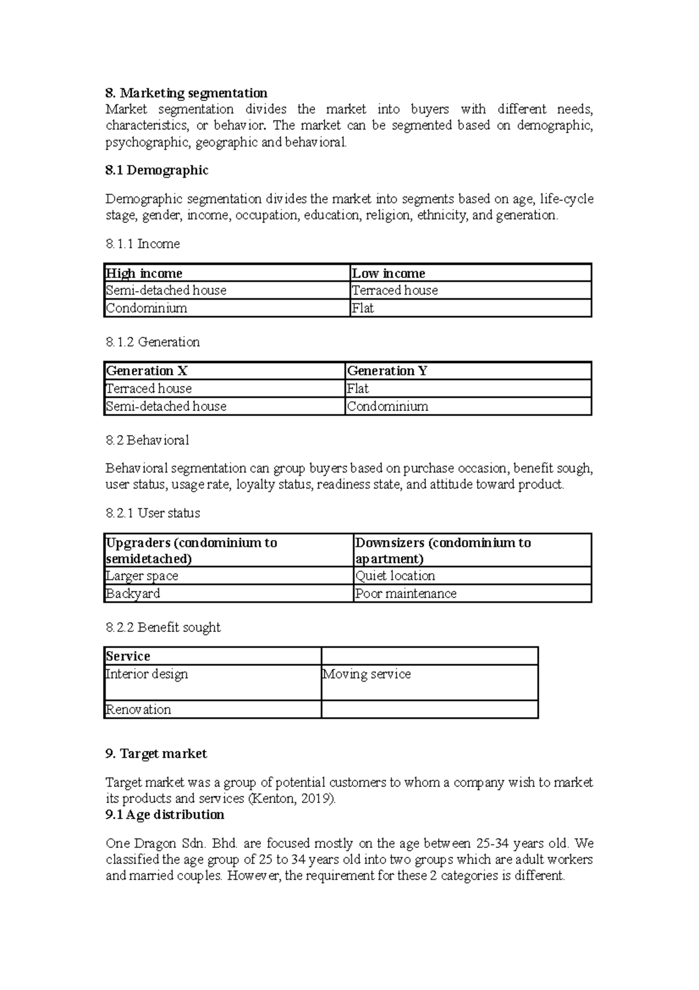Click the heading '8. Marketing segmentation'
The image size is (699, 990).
click(186, 93)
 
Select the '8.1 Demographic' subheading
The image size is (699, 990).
click(157, 170)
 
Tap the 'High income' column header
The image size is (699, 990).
click(144, 273)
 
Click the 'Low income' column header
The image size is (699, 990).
click(389, 273)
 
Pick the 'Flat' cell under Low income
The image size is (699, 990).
click(362, 308)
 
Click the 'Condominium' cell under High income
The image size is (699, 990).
click(146, 308)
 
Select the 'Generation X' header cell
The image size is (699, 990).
click(146, 371)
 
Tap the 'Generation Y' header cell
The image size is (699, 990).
click(387, 371)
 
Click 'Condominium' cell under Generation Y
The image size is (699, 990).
click(387, 406)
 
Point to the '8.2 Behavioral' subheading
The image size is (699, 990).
click(147, 440)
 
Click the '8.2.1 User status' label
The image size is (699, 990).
click(153, 513)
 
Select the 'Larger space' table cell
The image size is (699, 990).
click(142, 576)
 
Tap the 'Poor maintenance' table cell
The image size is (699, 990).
click(405, 594)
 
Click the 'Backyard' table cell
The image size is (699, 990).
click(132, 594)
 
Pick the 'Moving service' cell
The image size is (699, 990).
click(366, 675)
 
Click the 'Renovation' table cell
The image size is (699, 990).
click(138, 710)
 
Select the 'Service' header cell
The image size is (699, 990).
click(128, 657)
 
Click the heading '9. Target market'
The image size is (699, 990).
click(156, 754)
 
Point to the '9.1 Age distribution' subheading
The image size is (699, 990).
click(165, 815)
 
